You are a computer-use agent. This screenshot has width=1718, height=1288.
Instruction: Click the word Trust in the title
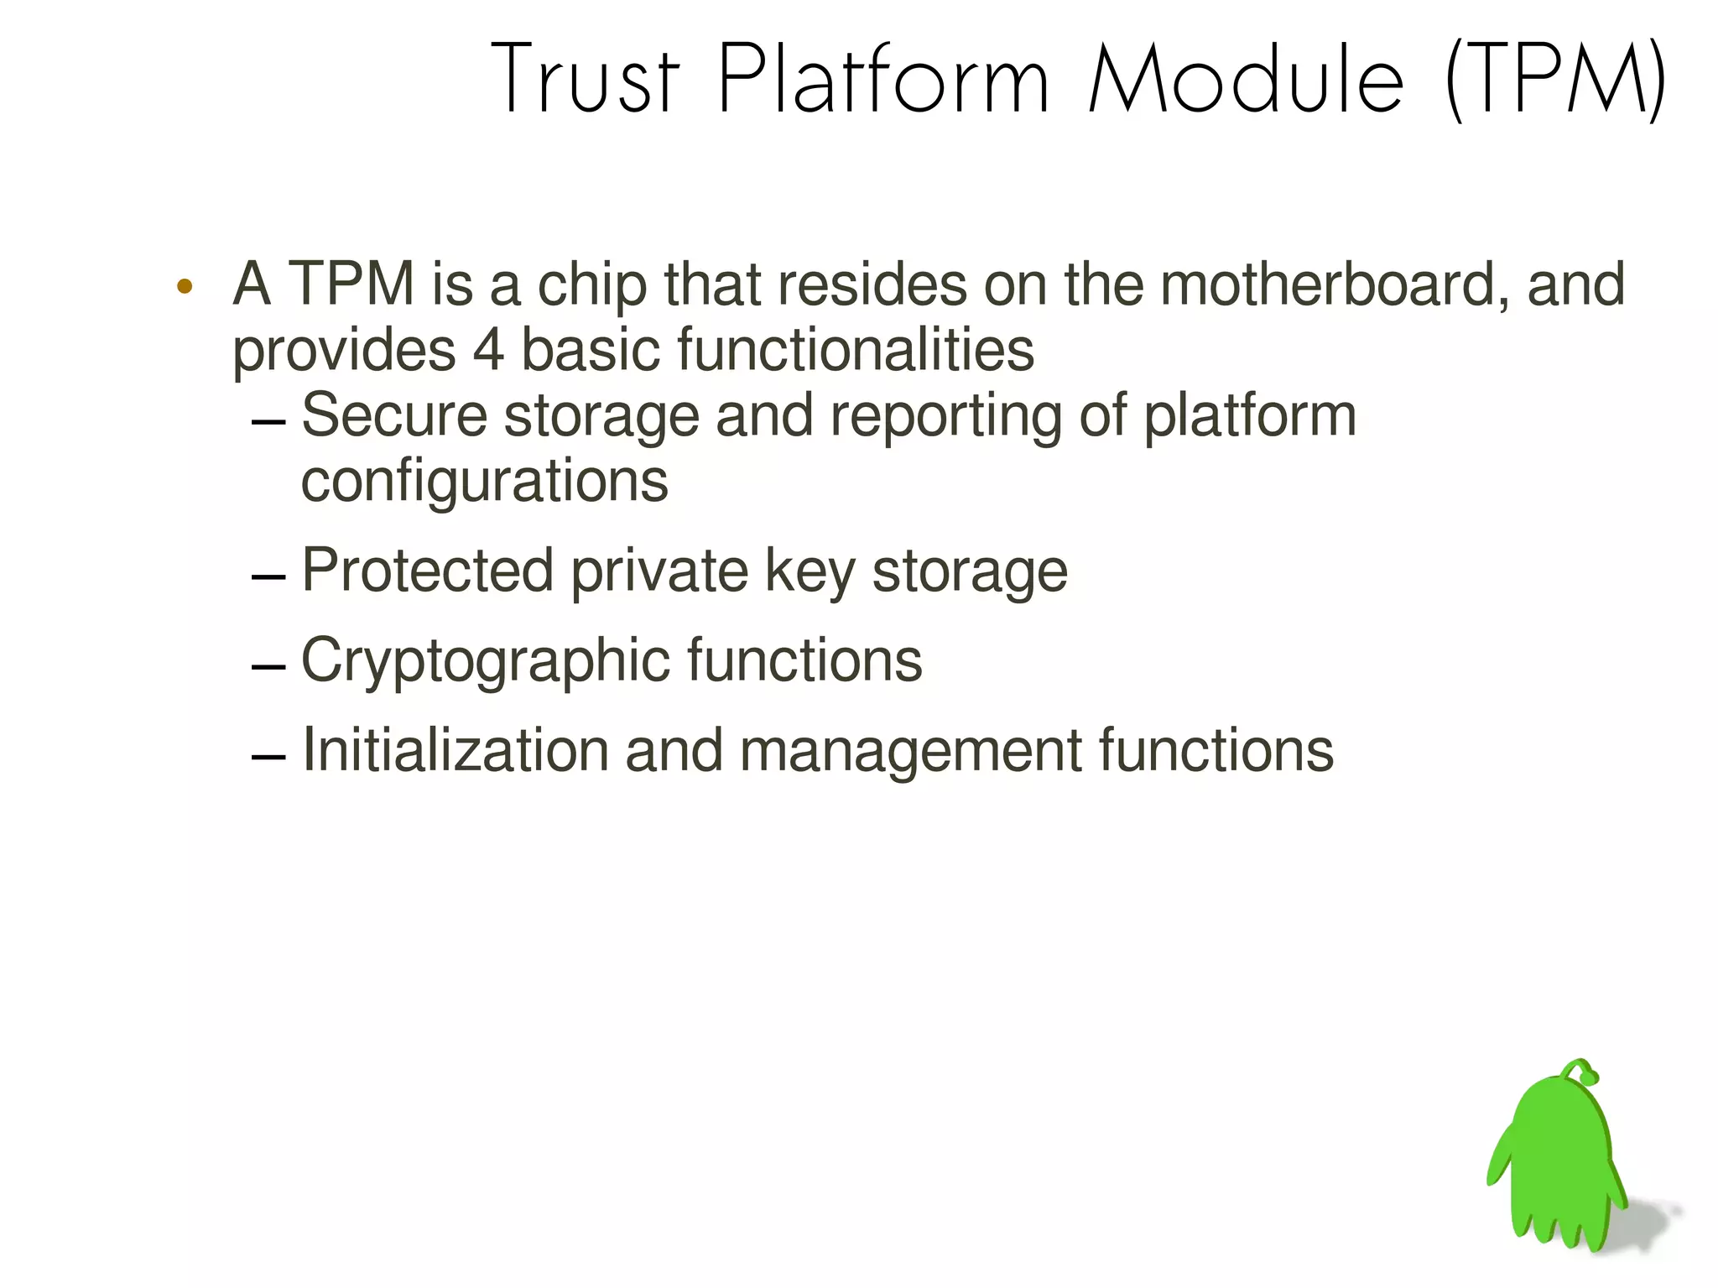coord(585,80)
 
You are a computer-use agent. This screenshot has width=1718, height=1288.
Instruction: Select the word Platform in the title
coord(883,80)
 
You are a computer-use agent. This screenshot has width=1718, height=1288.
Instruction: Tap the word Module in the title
coord(1245,80)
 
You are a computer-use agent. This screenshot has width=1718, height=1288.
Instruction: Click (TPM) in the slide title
coord(1556,80)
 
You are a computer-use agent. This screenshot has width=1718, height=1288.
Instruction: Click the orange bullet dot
coord(185,287)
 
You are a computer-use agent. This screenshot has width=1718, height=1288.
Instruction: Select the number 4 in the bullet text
coord(488,350)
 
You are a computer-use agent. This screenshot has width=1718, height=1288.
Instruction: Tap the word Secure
coord(393,415)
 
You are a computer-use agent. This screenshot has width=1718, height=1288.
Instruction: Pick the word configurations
coord(484,481)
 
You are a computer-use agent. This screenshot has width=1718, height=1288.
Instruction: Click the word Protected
coord(427,571)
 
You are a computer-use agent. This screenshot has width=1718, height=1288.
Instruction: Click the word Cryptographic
coord(485,661)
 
